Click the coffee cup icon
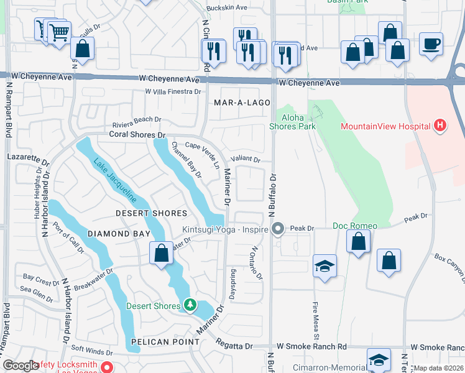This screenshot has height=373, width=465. pyautogui.click(x=431, y=44)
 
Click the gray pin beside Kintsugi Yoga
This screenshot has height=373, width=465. pyautogui.click(x=278, y=229)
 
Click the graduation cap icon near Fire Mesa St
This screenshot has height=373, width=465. pyautogui.click(x=325, y=265)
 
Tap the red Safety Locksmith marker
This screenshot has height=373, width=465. pyautogui.click(x=106, y=367)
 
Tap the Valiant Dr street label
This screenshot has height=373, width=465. pyautogui.click(x=245, y=159)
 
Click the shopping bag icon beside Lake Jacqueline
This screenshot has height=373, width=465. pyautogui.click(x=161, y=254)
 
